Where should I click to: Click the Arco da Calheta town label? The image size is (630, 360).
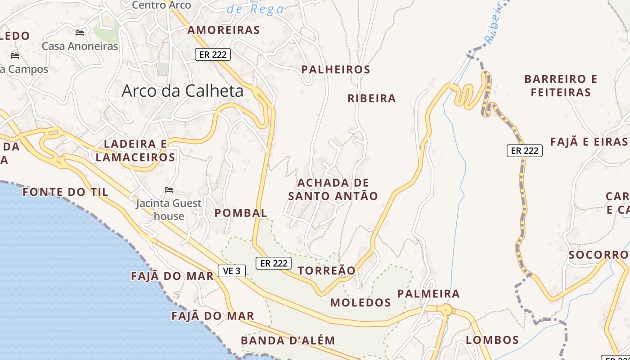point(182,91)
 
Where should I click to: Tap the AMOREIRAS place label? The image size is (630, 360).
point(224,30)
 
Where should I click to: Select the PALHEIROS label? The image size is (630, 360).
point(336,70)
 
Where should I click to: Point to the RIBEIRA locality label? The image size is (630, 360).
point(372,99)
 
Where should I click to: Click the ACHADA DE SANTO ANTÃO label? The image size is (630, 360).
point(333,189)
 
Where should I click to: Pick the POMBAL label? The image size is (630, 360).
point(241,213)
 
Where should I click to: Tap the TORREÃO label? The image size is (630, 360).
point(327,270)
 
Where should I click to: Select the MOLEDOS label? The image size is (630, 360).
point(360,302)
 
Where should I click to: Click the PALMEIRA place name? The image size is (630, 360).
point(428,294)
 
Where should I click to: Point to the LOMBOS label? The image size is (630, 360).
point(492,340)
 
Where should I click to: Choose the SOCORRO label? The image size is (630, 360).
point(598,255)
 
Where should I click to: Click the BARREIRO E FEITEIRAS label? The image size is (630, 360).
point(561,86)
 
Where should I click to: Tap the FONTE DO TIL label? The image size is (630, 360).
point(65,192)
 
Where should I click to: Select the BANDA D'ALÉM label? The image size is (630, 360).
point(288,341)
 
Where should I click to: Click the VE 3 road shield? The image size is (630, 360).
point(232,271)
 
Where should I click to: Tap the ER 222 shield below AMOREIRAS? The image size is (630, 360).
point(212,54)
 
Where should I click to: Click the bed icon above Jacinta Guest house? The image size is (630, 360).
point(169,190)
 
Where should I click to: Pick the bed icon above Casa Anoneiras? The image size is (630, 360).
point(80,33)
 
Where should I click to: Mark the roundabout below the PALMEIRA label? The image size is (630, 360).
point(446,310)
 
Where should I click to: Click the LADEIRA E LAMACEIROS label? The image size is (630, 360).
point(135,151)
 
